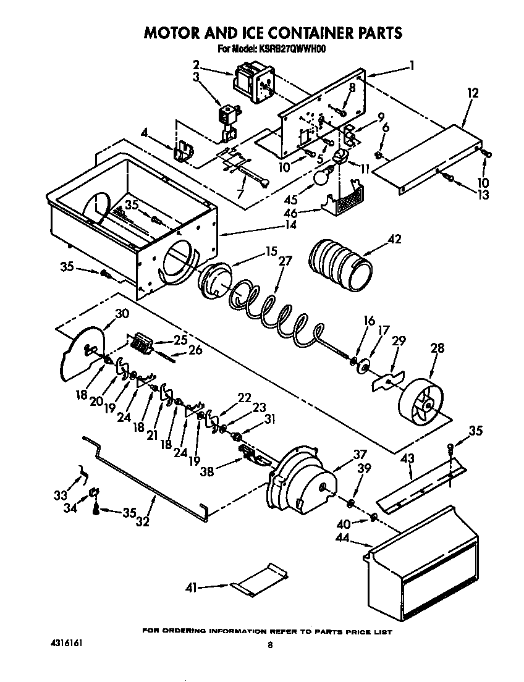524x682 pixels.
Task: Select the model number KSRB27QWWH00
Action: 288,49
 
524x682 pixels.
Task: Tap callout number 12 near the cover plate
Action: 473,93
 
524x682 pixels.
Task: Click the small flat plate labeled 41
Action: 260,580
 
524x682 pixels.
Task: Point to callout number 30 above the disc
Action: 122,313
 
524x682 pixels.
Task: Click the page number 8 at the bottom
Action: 270,646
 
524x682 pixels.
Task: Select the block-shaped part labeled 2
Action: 251,80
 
